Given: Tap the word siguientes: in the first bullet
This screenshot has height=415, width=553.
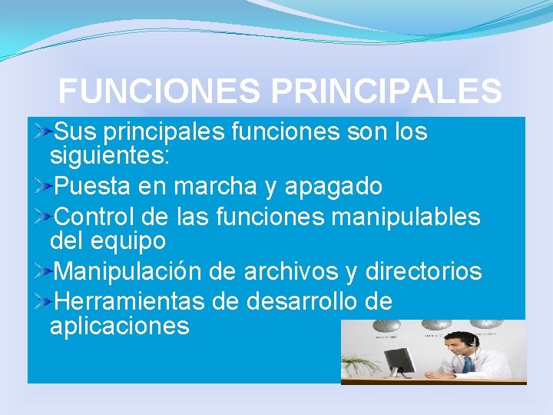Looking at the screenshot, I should click(x=109, y=157).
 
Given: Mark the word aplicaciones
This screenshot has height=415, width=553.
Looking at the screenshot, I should click(x=119, y=326).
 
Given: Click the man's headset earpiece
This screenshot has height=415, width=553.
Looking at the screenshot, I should click(x=473, y=344).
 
